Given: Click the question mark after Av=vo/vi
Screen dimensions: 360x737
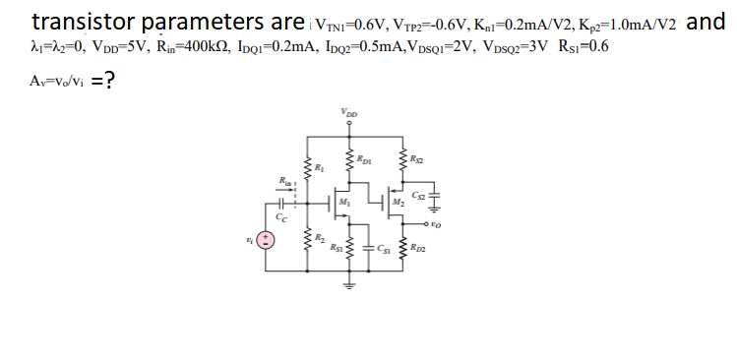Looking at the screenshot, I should click(114, 82).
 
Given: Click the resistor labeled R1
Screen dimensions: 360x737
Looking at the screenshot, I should click(307, 166).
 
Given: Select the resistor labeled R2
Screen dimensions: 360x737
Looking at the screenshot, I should click(307, 239).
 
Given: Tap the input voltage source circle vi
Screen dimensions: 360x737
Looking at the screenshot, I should click(264, 242).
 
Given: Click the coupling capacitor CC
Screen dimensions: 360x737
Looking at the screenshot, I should click(281, 207).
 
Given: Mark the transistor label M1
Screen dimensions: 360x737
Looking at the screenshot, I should click(342, 205).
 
